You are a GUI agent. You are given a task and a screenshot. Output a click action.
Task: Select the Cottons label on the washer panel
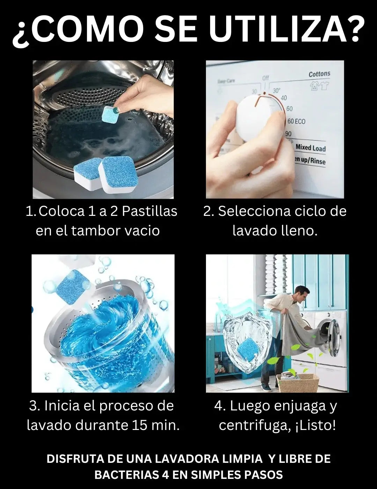(x=319, y=74)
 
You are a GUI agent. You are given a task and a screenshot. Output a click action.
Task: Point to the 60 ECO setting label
(x=296, y=122)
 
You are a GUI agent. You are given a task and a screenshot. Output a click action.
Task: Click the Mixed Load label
(x=310, y=148)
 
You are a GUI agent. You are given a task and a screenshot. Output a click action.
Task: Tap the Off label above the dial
(x=266, y=78)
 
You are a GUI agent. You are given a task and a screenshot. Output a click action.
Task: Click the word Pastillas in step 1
(x=150, y=212)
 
